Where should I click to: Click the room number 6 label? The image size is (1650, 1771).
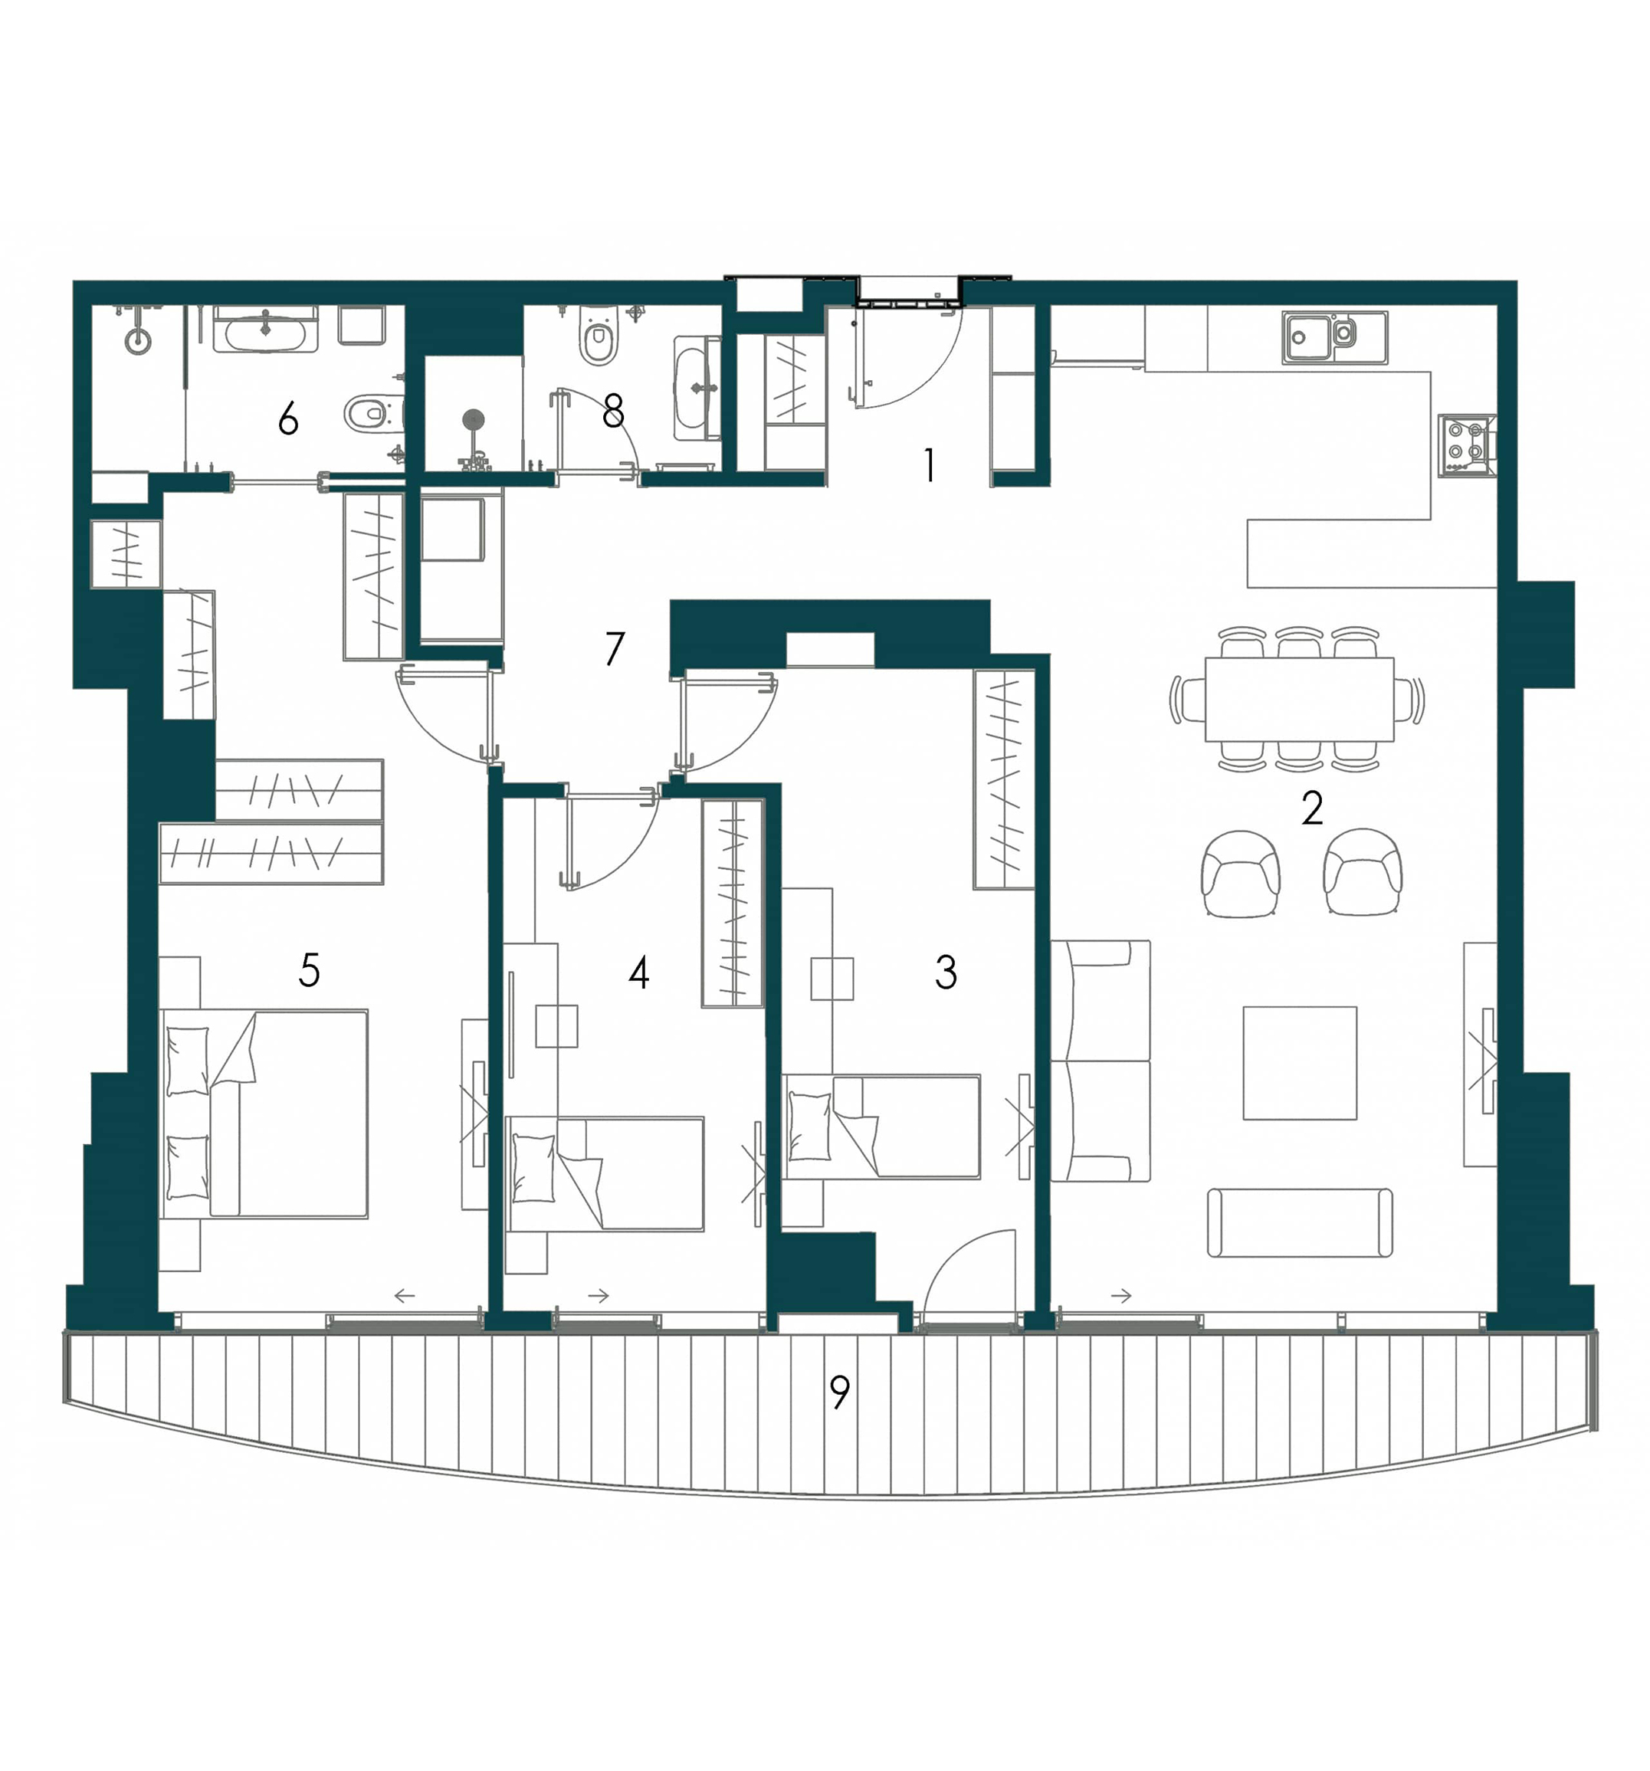(287, 418)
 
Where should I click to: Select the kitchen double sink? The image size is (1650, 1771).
(1333, 336)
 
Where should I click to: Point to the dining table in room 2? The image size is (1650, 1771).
(1298, 700)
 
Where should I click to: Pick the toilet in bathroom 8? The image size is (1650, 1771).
(597, 336)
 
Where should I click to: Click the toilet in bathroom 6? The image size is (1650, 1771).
(372, 412)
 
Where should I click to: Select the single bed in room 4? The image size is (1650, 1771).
(604, 1173)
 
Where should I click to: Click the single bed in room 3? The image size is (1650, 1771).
(881, 1127)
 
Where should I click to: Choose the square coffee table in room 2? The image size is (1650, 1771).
(1299, 1063)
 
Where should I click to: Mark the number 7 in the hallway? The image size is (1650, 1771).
(614, 648)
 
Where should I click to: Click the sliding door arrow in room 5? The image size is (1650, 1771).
(405, 1295)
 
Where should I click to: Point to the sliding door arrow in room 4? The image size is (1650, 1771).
(599, 1295)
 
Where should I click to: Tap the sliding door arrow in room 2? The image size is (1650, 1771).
(1120, 1295)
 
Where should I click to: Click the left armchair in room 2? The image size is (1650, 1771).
(1240, 873)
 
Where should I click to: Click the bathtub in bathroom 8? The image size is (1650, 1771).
(697, 388)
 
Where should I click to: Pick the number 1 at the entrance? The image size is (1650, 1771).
(930, 464)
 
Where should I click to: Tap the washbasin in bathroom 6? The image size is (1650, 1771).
(264, 330)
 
